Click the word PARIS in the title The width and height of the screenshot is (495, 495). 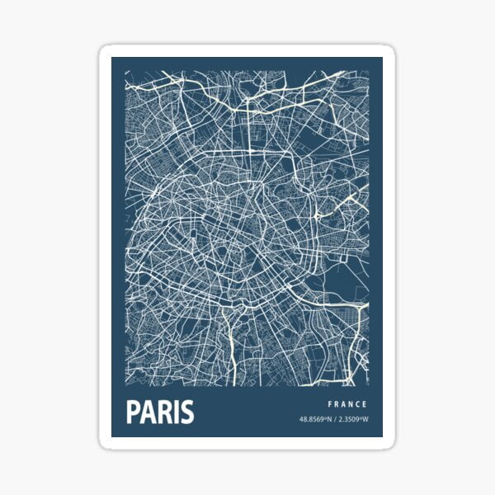pos(160,412)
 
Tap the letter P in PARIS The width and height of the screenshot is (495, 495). pos(133,412)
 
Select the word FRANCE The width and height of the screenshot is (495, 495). pos(347,404)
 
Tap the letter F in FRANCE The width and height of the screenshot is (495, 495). pos(330,404)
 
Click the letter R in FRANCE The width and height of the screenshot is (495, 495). pos(337,404)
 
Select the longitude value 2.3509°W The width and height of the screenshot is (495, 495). pos(352,420)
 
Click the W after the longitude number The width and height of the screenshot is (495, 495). pos(366,420)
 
